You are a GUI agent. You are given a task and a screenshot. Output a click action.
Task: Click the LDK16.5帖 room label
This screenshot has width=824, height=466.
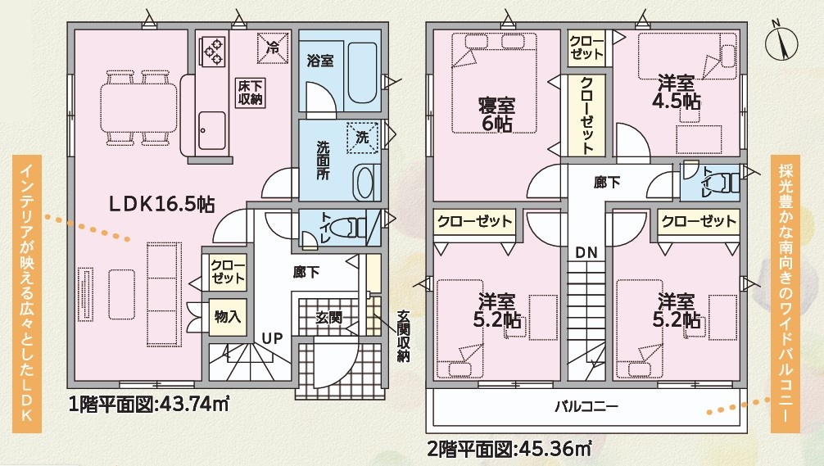pos(162,203)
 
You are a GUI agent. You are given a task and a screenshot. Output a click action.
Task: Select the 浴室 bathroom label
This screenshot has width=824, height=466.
pos(320,61)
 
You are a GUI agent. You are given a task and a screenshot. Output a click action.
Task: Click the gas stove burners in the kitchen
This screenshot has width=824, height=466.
pos(213,51)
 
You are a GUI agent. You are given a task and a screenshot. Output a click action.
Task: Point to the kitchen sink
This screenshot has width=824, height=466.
pos(212,130)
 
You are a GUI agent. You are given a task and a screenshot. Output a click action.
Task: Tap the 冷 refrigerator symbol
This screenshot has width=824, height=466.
pos(273,48)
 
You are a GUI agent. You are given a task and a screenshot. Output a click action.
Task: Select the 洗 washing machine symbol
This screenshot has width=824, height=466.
pos(363,138)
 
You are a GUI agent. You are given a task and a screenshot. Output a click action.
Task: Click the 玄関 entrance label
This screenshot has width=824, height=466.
pos(329,317)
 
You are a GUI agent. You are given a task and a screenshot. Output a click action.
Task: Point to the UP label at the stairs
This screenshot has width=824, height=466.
pos(272,339)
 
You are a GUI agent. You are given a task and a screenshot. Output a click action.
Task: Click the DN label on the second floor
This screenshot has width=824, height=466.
pos(586,253)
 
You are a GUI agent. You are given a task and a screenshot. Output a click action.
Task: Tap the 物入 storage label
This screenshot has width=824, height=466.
pos(228,317)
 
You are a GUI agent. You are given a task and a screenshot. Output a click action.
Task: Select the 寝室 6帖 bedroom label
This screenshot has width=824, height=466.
pos(496,114)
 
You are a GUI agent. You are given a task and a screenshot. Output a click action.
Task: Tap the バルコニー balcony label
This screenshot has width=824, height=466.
pos(586,406)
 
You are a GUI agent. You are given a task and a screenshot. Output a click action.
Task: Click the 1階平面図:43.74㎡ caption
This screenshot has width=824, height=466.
pos(149,405)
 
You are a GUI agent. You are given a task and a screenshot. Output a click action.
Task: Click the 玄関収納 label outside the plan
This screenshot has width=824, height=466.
pos(403,336)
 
